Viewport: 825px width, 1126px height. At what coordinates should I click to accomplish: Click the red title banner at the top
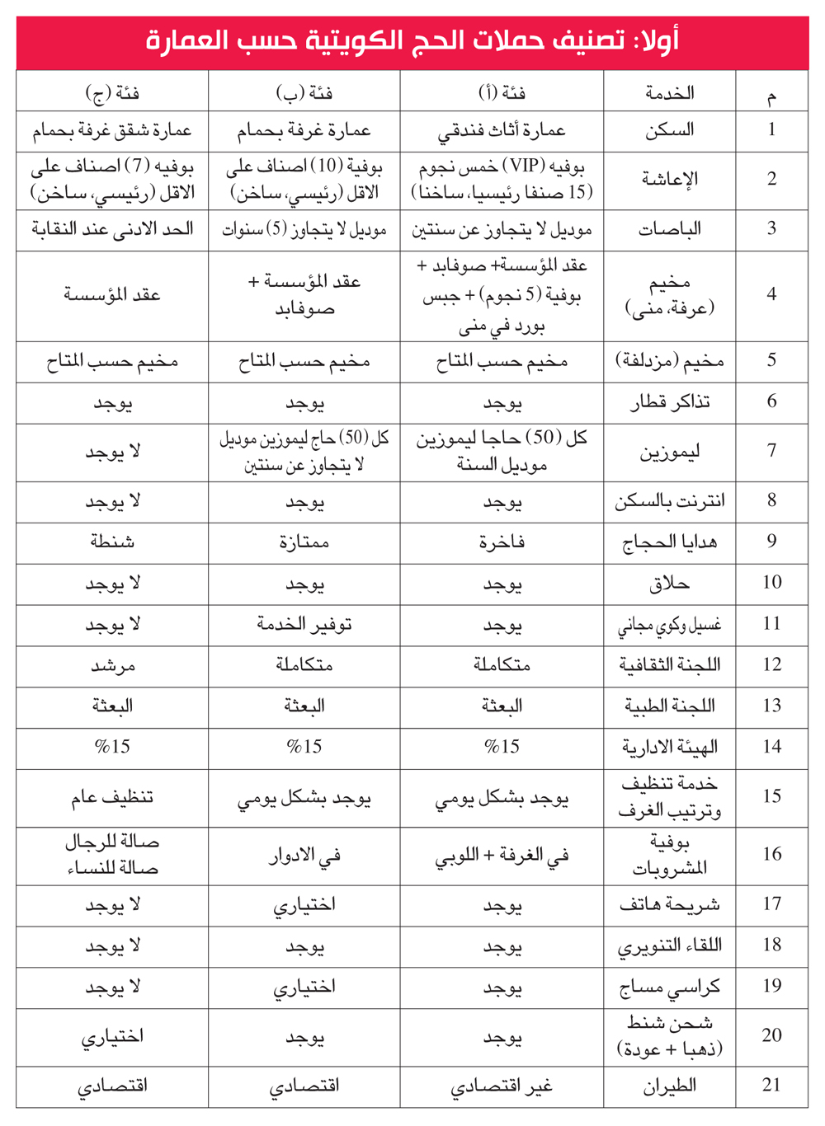[x=412, y=41]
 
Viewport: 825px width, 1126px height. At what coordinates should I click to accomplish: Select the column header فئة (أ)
[x=502, y=92]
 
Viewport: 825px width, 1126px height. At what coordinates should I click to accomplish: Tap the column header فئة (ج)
[x=112, y=92]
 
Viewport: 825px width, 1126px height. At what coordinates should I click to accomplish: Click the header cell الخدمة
[x=669, y=92]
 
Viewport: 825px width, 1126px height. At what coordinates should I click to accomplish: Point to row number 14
[x=771, y=747]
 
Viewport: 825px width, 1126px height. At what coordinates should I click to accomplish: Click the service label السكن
[x=669, y=129]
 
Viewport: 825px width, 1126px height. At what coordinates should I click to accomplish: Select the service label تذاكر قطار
[x=669, y=401]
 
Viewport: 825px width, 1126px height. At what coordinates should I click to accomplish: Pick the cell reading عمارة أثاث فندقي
[x=502, y=130]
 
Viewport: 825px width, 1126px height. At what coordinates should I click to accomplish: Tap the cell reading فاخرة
[x=502, y=542]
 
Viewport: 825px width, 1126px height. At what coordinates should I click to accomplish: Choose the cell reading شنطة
[x=112, y=542]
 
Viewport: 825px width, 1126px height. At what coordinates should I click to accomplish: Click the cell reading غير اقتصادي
[x=502, y=1086]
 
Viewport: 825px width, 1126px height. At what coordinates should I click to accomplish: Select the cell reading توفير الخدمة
[x=304, y=624]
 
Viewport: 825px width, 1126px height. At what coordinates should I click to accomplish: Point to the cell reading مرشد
[x=112, y=665]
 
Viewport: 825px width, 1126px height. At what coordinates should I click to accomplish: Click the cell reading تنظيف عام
[x=112, y=797]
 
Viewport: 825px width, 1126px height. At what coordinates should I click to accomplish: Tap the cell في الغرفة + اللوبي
[x=502, y=856]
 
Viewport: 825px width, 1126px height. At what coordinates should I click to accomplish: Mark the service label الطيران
[x=669, y=1086]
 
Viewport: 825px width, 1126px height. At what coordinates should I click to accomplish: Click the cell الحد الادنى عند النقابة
[x=112, y=229]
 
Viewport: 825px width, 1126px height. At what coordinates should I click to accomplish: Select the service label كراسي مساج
[x=669, y=987]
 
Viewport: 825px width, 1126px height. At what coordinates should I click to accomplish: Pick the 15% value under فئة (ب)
[x=304, y=747]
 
